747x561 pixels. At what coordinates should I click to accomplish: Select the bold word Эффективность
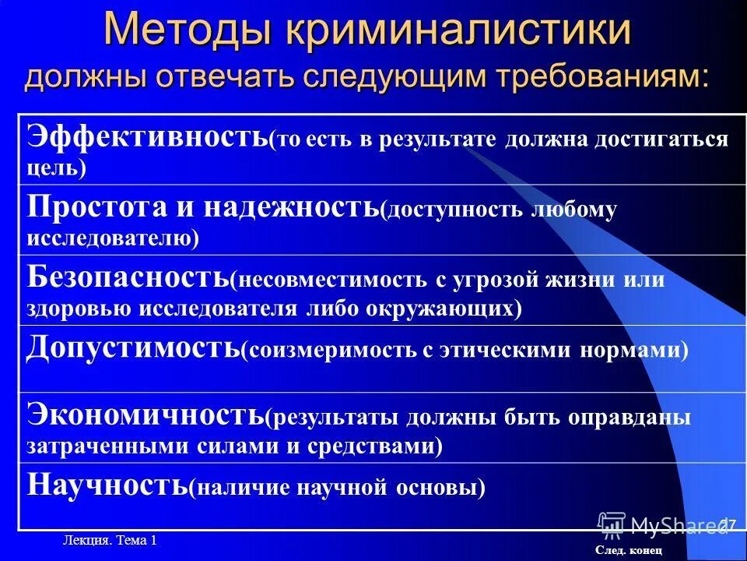(x=148, y=136)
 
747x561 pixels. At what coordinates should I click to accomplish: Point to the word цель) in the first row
(x=57, y=168)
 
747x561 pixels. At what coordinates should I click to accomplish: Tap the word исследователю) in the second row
(x=114, y=238)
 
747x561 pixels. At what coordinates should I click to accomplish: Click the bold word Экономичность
(x=146, y=415)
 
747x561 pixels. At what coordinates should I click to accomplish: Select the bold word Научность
(x=107, y=485)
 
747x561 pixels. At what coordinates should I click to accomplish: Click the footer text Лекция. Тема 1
(x=110, y=541)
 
